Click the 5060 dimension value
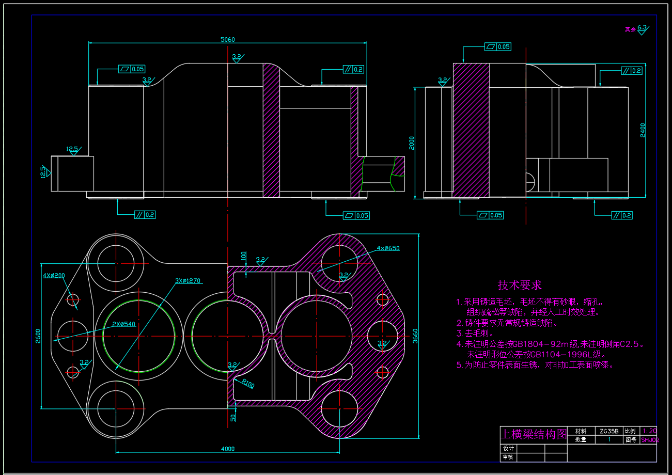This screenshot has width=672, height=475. (x=227, y=40)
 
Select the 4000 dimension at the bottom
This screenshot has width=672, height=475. (x=227, y=449)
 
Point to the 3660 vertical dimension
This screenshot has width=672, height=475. (x=415, y=336)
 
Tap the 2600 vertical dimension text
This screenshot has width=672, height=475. (x=38, y=336)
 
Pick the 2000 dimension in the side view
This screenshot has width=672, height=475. (x=412, y=143)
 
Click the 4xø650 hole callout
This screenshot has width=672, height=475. (x=388, y=248)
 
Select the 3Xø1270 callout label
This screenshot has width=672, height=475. (x=187, y=281)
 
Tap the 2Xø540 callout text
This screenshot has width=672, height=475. (x=123, y=324)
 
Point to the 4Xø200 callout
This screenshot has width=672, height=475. (x=54, y=275)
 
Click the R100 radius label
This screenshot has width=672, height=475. (x=248, y=384)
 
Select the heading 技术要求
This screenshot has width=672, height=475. (x=520, y=285)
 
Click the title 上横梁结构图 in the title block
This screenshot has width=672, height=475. (x=534, y=434)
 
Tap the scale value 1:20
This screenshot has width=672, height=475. (x=648, y=431)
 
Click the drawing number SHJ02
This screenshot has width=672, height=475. (x=649, y=440)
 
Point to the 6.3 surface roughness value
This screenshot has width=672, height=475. (x=642, y=27)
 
